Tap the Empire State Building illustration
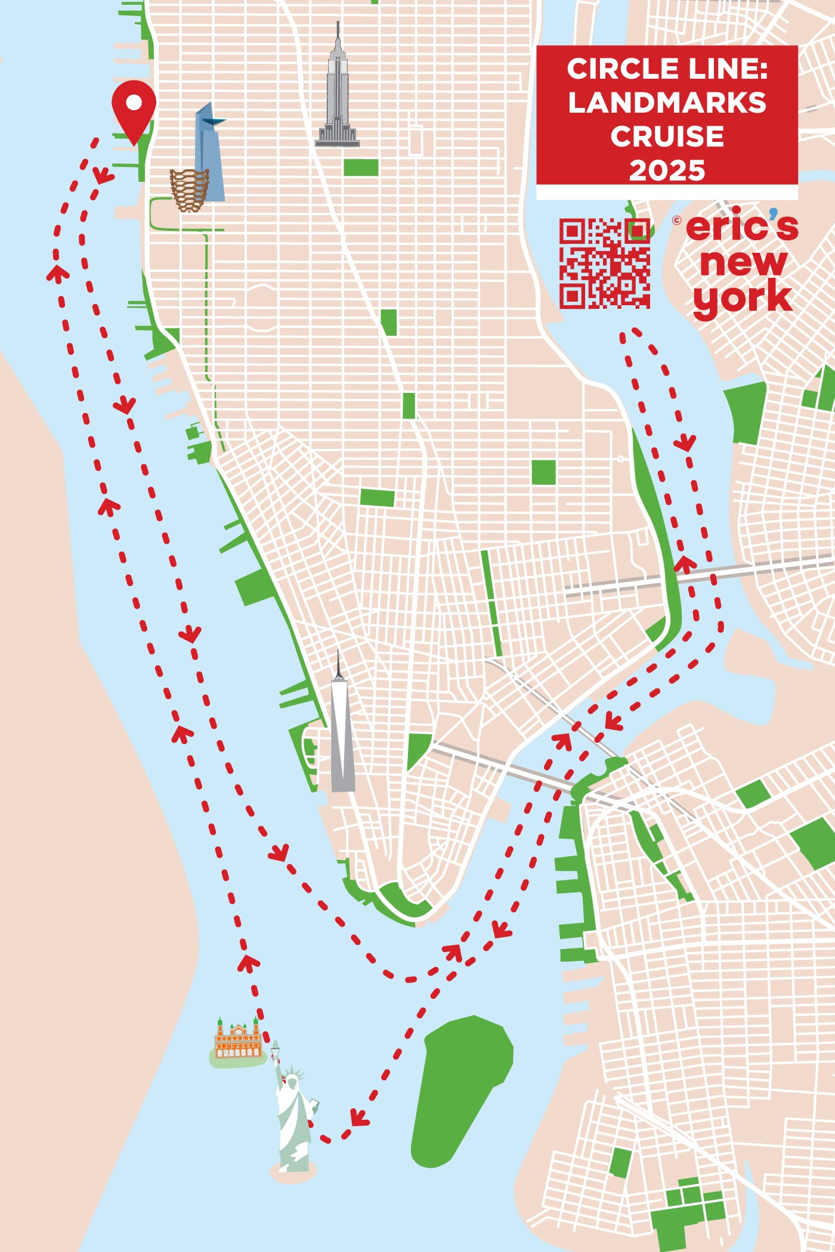338,95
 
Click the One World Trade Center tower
342,739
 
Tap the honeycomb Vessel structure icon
189,190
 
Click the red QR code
604,263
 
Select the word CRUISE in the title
667,137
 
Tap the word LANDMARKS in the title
667,103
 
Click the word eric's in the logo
742,227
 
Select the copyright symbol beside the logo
676,220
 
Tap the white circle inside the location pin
134,103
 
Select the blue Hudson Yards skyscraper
210,155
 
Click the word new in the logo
743,262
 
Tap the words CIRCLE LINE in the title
667,69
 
